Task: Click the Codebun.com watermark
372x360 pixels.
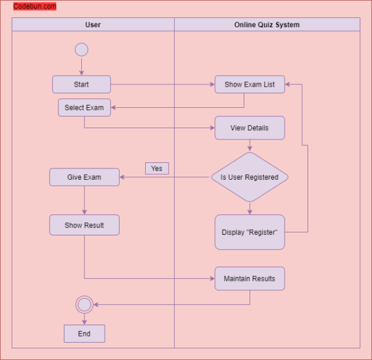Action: pyautogui.click(x=35, y=6)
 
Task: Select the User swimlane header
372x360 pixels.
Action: pyautogui.click(x=93, y=25)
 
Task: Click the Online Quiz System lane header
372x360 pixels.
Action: pyautogui.click(x=267, y=25)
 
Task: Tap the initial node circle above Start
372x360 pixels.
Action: pyautogui.click(x=81, y=50)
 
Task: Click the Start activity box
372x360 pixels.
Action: pyautogui.click(x=81, y=84)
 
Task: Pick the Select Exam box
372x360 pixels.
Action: pyautogui.click(x=84, y=107)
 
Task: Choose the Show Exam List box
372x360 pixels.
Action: pyautogui.click(x=250, y=84)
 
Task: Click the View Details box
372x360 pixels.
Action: pyautogui.click(x=250, y=128)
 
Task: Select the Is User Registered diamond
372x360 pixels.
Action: pyautogui.click(x=250, y=177)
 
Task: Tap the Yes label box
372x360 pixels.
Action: pyautogui.click(x=157, y=169)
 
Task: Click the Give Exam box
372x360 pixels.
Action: pyautogui.click(x=84, y=177)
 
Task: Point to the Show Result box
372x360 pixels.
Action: pyautogui.click(x=84, y=225)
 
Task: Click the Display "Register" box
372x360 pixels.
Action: pyautogui.click(x=250, y=232)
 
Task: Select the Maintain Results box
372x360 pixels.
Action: pyautogui.click(x=250, y=278)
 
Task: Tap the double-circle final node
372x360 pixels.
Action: pyautogui.click(x=84, y=304)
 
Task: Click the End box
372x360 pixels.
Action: pyautogui.click(x=84, y=333)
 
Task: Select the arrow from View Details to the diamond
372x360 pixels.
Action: pyautogui.click(x=250, y=146)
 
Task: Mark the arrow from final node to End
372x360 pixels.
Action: pyautogui.click(x=84, y=318)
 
